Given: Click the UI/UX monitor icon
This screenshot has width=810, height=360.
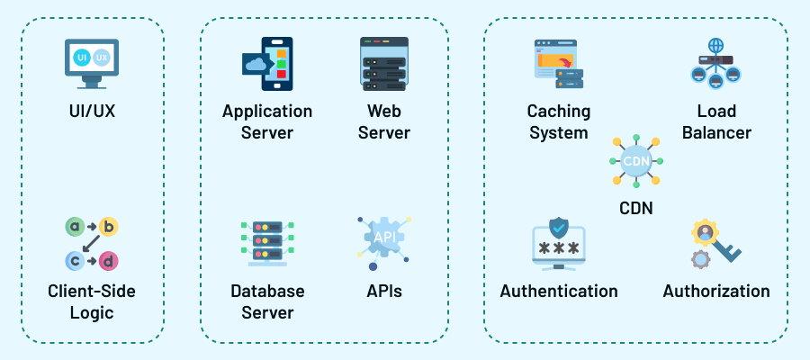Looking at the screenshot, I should (x=92, y=61).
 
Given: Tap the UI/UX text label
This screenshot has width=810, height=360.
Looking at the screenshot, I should (x=92, y=112).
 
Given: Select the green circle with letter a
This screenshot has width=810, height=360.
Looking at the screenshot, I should (x=75, y=227).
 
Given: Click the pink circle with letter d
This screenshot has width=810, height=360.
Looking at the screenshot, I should (x=109, y=260).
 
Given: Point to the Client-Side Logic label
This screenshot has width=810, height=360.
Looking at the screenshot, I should (x=92, y=302).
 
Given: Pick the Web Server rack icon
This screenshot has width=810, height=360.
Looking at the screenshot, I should (x=384, y=63).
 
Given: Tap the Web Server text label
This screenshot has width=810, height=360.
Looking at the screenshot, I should (x=384, y=122).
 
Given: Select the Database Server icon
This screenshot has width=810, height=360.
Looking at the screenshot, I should (x=267, y=243).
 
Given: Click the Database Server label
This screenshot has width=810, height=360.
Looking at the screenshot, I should (x=267, y=302).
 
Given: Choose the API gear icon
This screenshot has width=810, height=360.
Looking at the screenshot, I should (x=384, y=239).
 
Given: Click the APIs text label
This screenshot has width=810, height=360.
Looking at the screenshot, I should (x=384, y=292).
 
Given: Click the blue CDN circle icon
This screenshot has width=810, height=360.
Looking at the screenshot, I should (x=635, y=162).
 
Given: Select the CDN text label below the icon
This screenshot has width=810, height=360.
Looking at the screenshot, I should (x=635, y=209).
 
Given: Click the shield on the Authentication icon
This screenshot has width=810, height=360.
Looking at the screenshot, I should (x=559, y=226).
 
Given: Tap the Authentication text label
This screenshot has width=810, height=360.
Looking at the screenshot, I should (x=559, y=292).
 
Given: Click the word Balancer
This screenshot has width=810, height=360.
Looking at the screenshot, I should (x=716, y=133).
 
